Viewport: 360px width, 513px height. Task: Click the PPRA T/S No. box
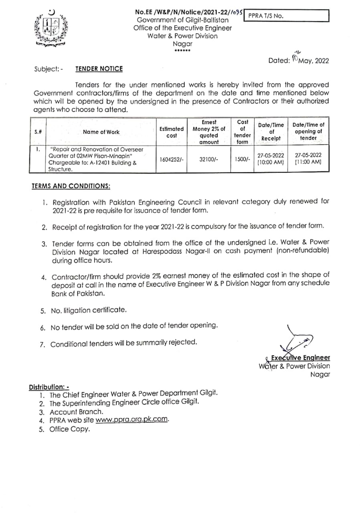286,16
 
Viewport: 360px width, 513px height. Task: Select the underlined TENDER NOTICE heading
99,69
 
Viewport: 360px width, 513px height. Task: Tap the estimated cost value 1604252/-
172,159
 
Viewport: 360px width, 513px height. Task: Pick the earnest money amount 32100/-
208,159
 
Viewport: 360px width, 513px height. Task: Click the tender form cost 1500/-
242,159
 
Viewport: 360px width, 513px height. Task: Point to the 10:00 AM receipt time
271,163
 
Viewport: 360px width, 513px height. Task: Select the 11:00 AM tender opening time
308,163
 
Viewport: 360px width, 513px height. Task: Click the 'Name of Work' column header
101,132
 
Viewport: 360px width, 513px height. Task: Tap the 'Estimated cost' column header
172,132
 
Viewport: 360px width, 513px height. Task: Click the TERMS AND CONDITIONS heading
71,186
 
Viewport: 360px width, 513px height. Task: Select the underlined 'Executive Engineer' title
300,357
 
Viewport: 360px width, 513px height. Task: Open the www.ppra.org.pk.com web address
132,420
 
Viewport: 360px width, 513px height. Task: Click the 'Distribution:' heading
49,387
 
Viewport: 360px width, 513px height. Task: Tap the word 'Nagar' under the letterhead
182,44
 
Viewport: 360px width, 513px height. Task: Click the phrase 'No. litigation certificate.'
89,310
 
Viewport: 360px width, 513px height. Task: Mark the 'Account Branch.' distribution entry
77,412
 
